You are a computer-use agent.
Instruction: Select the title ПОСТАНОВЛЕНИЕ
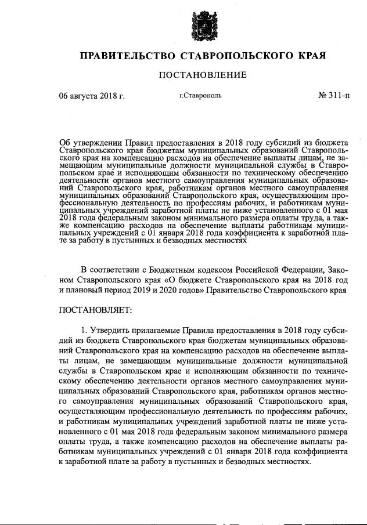[203, 75]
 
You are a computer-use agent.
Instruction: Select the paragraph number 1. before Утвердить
[84, 331]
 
